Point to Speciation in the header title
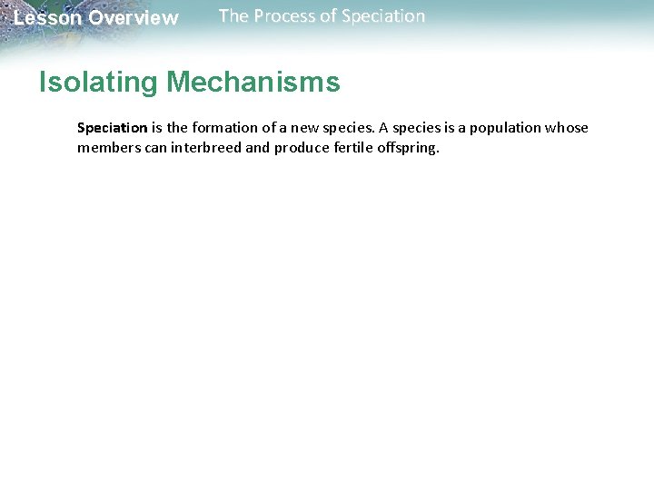(382, 16)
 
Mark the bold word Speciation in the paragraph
(112, 128)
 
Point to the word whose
(567, 128)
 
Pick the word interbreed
(203, 148)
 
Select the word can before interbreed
(154, 148)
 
